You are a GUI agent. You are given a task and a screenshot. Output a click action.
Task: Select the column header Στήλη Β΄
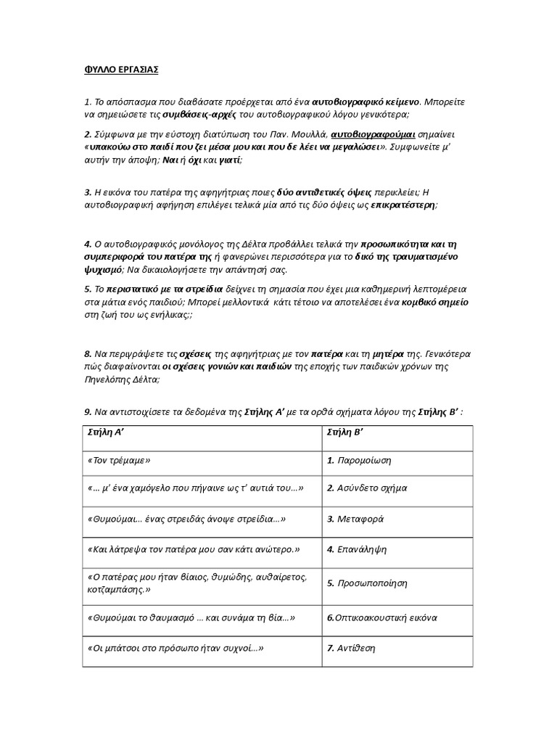[347, 432]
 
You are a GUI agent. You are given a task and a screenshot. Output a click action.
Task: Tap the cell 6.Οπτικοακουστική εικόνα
[381, 617]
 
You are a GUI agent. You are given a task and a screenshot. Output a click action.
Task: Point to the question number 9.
[88, 412]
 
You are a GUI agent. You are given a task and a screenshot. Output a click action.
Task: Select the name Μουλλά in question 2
[308, 134]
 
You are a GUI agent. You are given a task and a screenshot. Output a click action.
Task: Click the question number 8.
[88, 354]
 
